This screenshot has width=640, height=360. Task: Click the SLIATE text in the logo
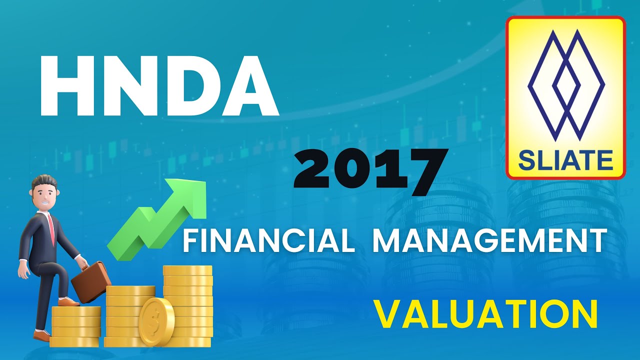pos(565,160)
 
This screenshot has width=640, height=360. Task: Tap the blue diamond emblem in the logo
pos(565,85)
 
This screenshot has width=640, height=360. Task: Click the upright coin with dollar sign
pos(156,321)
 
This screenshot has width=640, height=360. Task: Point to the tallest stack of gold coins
pos(187,305)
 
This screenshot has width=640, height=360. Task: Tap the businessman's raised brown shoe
pos(68,301)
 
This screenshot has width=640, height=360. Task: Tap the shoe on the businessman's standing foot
pos(42,335)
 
